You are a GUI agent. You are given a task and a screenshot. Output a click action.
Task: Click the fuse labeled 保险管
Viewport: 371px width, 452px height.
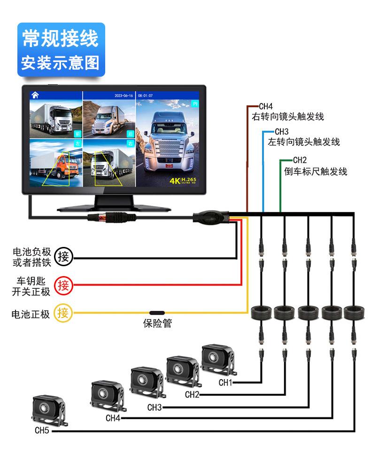(157, 313)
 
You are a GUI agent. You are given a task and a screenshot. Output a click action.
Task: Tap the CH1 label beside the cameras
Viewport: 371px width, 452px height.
(225, 382)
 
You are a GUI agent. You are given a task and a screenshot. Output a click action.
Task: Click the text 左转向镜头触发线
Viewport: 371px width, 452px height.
(304, 141)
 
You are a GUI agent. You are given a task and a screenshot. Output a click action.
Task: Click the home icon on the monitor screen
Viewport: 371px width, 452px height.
(35, 95)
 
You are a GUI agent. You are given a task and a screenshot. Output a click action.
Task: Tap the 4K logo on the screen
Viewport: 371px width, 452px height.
(178, 180)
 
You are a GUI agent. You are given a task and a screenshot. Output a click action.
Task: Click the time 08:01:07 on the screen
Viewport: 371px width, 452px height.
(145, 95)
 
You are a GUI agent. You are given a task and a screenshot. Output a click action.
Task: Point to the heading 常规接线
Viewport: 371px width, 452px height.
(61, 38)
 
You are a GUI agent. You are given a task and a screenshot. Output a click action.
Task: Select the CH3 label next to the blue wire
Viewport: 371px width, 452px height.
(282, 131)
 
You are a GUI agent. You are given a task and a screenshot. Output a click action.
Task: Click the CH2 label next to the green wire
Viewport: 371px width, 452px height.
(300, 160)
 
